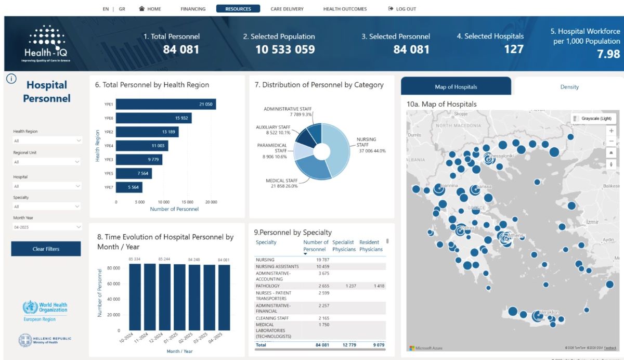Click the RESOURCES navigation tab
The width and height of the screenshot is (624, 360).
(x=238, y=9)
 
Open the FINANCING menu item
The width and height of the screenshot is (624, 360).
(x=193, y=9)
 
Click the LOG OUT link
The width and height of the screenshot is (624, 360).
(x=402, y=9)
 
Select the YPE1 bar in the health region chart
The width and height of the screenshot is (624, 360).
(x=165, y=105)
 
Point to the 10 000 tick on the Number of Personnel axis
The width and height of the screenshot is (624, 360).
(x=163, y=202)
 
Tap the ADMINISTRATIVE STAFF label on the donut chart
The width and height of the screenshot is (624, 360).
(x=288, y=109)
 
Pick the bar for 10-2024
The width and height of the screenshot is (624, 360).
(x=135, y=297)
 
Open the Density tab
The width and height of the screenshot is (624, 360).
(x=569, y=87)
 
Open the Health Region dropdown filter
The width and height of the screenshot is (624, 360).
(x=47, y=140)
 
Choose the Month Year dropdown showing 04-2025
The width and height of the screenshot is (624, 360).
(x=47, y=227)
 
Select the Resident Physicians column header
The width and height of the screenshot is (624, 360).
(x=371, y=246)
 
